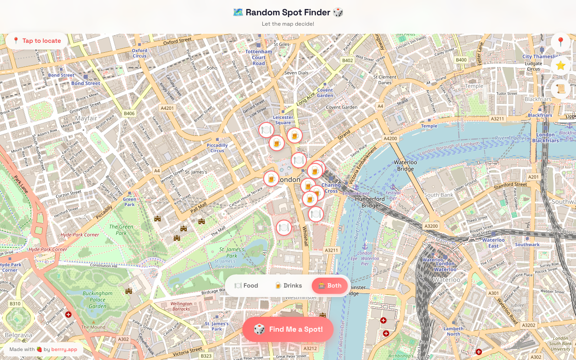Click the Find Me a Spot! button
288,329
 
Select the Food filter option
246,286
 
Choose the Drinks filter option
288,286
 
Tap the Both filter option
330,286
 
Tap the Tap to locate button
37,41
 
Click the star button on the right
560,66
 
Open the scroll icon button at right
560,89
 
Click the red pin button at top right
560,42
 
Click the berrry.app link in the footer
64,349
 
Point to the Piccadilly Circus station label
217,148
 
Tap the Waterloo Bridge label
405,166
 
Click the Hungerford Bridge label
370,202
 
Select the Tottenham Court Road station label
259,57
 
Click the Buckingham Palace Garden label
97,300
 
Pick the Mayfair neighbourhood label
86,118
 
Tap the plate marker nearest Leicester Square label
266,130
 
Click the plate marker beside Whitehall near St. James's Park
283,228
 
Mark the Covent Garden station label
325,92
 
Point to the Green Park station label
129,202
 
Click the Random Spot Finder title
288,12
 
